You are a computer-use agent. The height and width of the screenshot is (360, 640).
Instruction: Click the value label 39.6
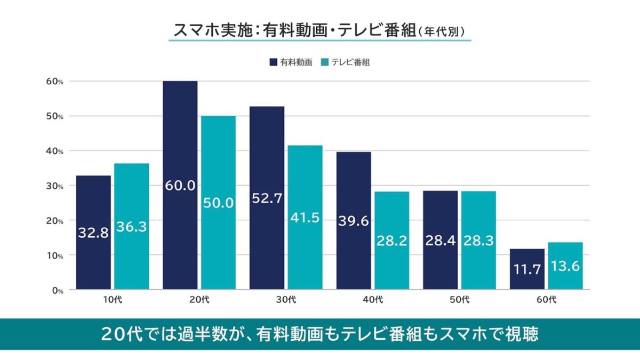pos(354,221)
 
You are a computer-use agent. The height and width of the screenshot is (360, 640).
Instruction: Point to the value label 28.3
pos(478,241)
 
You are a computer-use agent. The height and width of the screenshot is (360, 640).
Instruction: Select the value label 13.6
pos(565,266)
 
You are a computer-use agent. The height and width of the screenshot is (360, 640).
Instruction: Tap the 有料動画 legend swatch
pos(274,62)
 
